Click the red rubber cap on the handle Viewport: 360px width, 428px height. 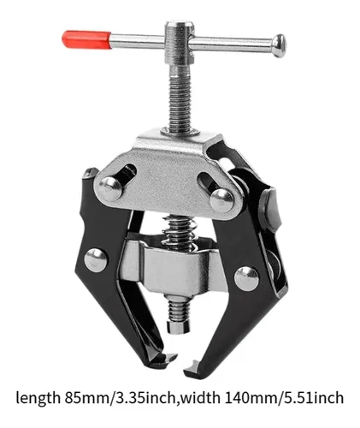tap(86, 39)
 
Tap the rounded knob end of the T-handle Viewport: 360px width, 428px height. tap(279, 45)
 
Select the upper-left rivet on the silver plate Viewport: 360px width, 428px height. tap(109, 188)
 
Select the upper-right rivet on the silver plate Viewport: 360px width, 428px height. tap(222, 200)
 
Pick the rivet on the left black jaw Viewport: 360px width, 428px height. tap(97, 260)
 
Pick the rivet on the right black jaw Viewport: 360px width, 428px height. tap(247, 279)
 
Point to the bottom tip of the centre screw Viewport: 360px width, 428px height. tap(178, 327)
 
